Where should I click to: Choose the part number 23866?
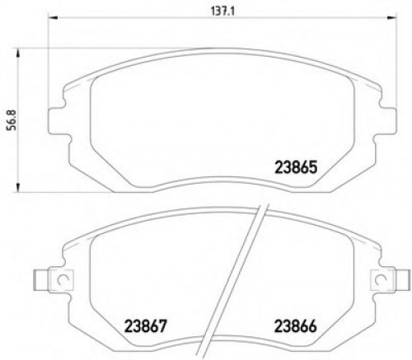(x=294, y=325)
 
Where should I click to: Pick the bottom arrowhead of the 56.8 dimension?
(x=22, y=191)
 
